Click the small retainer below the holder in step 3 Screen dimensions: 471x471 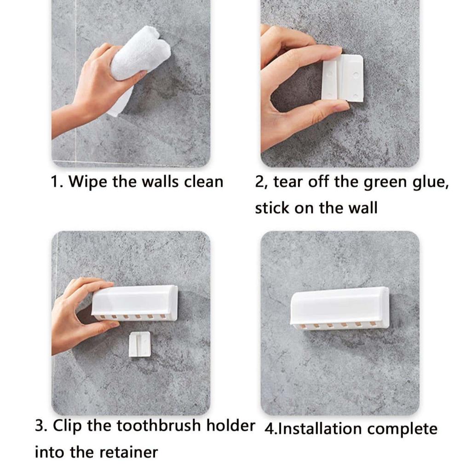pos(139,344)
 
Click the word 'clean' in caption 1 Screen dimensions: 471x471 pos(203,181)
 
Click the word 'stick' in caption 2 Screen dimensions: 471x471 pos(271,207)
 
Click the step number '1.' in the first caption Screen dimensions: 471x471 pos(57,181)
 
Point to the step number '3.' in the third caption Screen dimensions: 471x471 pos(41,425)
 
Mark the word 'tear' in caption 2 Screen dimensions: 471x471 pos(289,183)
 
